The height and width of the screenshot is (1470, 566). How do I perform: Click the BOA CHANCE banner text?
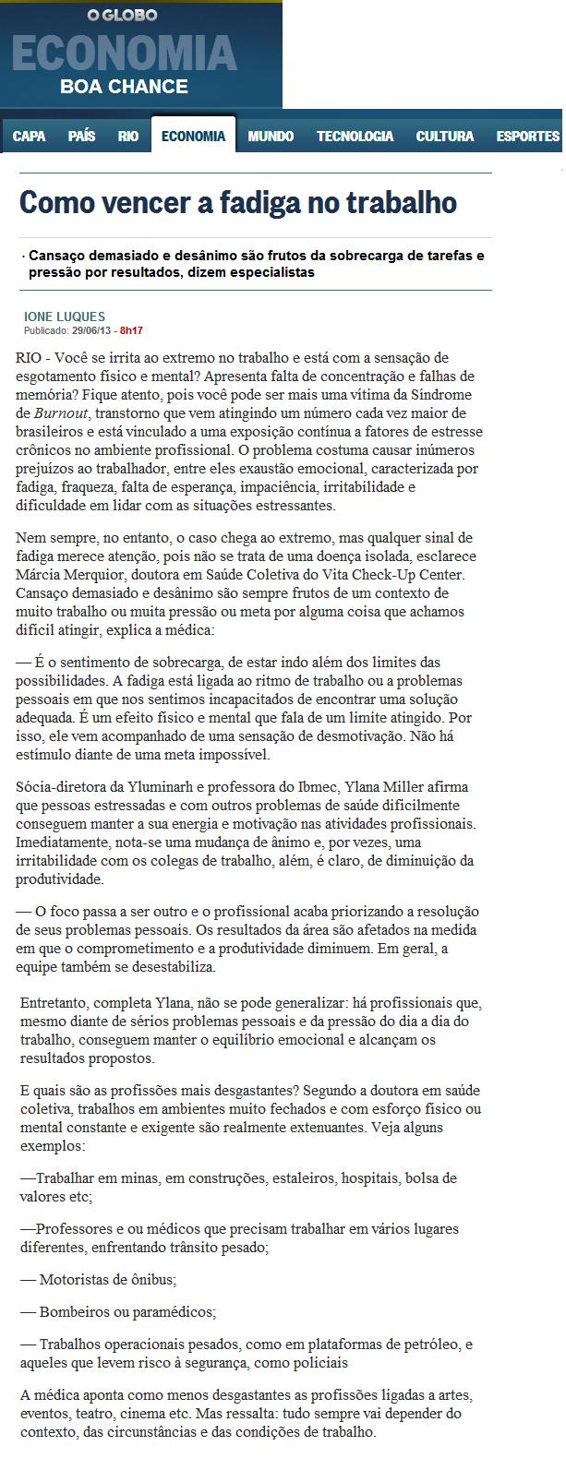(x=124, y=88)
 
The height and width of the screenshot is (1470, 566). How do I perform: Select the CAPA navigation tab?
(x=30, y=137)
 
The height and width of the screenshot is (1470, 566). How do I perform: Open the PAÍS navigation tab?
(x=81, y=137)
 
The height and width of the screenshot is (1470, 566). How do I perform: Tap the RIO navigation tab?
(x=128, y=137)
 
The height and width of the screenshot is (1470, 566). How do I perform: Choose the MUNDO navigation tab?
(x=271, y=137)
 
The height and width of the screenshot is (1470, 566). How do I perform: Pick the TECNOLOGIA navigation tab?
(x=355, y=137)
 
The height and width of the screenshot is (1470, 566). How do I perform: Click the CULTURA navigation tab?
(x=444, y=137)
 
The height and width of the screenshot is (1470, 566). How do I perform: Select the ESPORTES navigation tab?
(x=527, y=137)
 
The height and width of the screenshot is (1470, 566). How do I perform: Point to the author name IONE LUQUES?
(x=65, y=317)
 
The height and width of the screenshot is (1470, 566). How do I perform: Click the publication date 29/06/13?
(x=93, y=329)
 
